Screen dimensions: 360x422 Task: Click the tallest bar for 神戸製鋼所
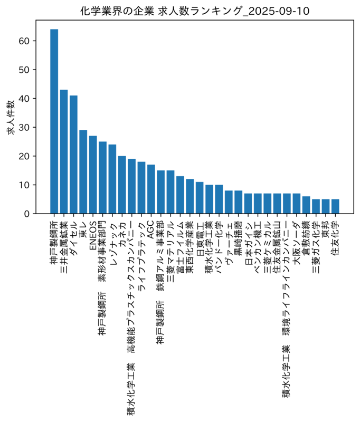(x=54, y=121)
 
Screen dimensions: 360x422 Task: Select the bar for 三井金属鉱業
(x=64, y=152)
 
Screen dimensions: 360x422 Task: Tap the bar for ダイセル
(x=73, y=155)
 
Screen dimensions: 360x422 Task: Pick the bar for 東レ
(x=83, y=172)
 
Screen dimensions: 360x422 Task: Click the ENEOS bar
(x=93, y=175)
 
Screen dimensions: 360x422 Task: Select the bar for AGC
(x=151, y=189)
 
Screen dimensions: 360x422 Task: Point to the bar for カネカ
(x=122, y=185)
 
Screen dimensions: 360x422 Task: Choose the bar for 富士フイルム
(x=180, y=195)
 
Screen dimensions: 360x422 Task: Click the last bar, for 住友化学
(x=335, y=206)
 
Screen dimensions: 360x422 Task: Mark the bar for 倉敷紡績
(x=306, y=205)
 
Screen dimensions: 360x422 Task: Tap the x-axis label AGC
(x=151, y=229)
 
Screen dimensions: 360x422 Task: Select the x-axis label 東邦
(x=326, y=229)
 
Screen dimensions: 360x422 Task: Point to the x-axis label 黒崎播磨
(x=238, y=238)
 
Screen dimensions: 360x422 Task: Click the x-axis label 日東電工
(x=200, y=238)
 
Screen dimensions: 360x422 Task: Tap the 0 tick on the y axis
(x=26, y=214)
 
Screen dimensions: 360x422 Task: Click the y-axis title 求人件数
(x=11, y=118)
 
